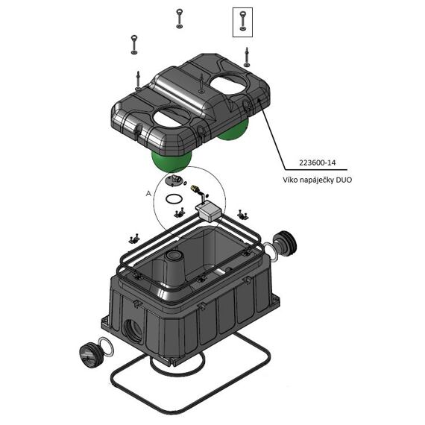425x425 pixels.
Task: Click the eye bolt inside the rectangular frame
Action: point(242,22)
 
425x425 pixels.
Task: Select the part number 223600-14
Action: point(317,163)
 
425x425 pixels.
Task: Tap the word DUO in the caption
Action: point(344,180)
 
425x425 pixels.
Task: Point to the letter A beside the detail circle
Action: point(148,194)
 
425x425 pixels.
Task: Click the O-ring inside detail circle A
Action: point(174,199)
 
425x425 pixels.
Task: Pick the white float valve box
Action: point(209,210)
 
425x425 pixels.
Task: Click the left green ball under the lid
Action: point(171,161)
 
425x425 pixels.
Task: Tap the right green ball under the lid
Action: point(233,131)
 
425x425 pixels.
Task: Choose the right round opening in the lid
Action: point(230,85)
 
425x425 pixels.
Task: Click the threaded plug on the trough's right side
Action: point(284,243)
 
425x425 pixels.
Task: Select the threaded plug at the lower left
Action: point(90,355)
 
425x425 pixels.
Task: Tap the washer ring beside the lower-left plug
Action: point(106,347)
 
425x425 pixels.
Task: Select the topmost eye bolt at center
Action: point(179,19)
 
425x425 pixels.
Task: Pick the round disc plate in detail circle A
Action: point(174,180)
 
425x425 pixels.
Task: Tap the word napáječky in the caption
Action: point(317,180)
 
